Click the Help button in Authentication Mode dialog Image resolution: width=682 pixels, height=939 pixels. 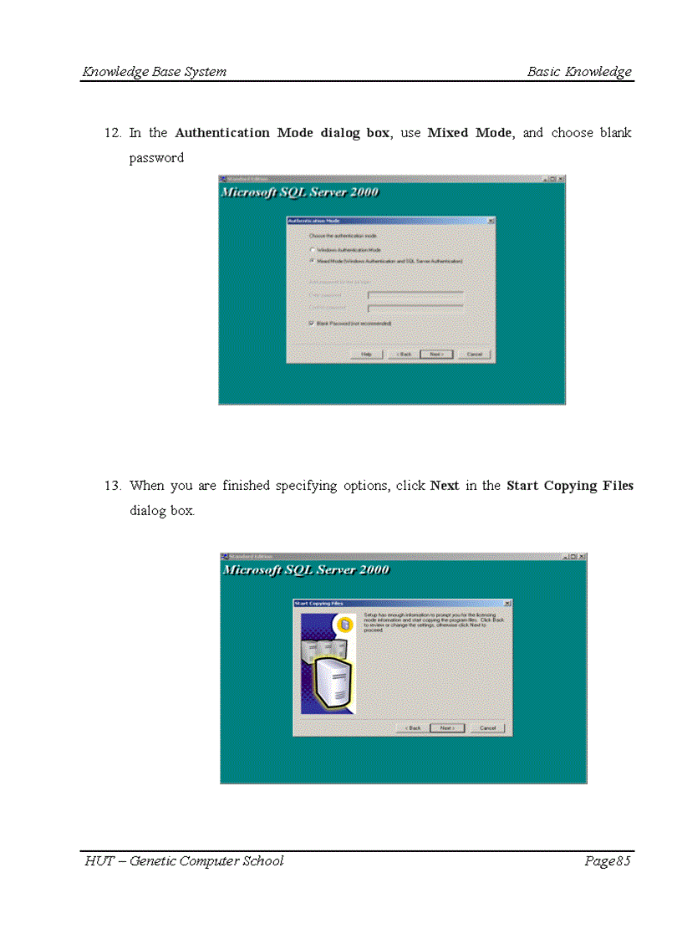(x=366, y=354)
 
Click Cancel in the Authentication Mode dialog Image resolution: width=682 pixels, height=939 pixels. (x=475, y=354)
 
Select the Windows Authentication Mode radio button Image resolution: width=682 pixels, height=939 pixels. (x=313, y=249)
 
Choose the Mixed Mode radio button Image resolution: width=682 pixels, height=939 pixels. (x=313, y=260)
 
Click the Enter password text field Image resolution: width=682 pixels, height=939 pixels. (x=415, y=294)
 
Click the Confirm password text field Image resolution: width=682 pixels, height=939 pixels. (x=415, y=308)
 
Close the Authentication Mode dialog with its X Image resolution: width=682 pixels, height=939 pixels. (x=491, y=221)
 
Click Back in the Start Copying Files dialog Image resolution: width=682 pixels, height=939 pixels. (x=413, y=727)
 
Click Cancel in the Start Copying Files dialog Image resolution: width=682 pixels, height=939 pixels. (x=488, y=727)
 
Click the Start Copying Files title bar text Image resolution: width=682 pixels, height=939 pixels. (x=319, y=603)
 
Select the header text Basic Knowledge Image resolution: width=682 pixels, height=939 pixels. (x=579, y=72)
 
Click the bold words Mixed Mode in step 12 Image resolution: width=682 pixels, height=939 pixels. (x=471, y=133)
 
